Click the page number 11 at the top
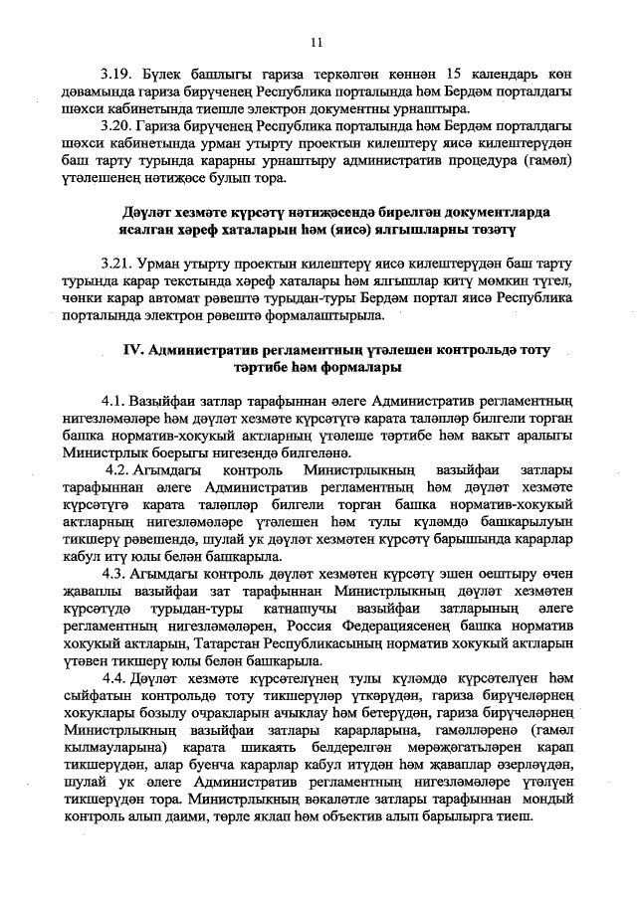click(x=318, y=42)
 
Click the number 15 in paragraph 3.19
click(x=454, y=75)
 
